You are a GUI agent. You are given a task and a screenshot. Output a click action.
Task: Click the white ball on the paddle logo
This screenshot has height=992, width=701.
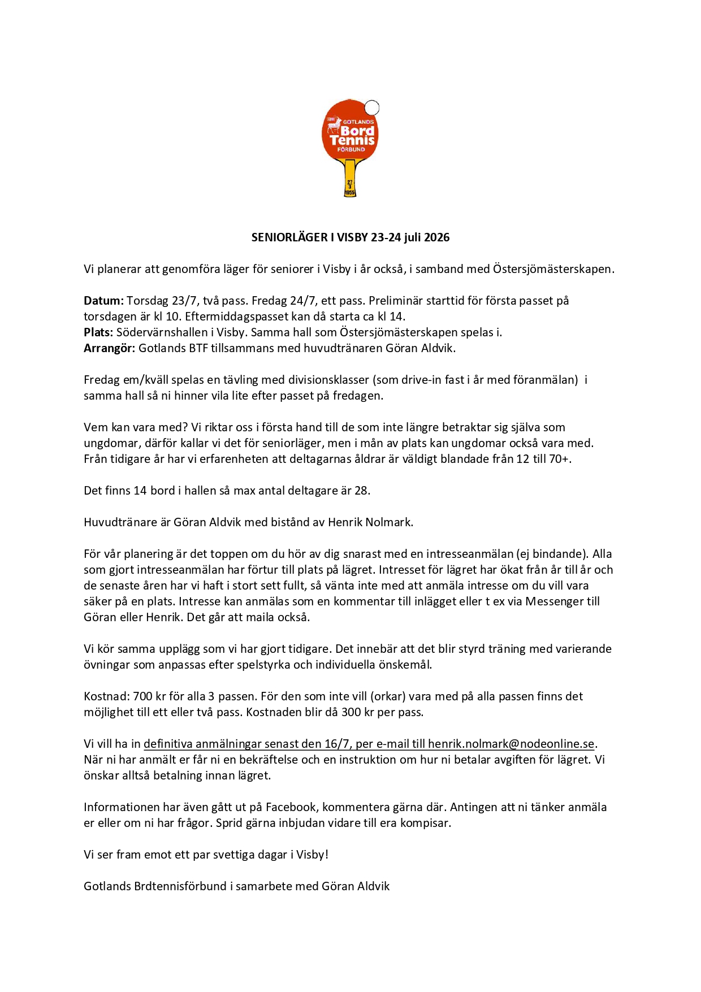(x=371, y=107)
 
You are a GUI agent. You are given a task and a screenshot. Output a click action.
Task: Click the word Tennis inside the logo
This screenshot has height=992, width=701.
(x=352, y=140)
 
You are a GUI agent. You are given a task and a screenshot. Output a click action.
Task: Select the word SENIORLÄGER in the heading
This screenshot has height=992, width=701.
(x=289, y=237)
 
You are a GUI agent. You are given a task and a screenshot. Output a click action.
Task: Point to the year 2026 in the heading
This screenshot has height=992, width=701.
(x=437, y=237)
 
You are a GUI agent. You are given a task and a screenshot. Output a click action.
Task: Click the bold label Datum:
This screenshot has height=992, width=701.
(x=103, y=301)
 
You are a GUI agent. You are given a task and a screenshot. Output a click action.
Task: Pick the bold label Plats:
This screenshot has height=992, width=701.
(x=98, y=332)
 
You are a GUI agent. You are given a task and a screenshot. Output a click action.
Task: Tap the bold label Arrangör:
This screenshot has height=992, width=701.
(x=109, y=348)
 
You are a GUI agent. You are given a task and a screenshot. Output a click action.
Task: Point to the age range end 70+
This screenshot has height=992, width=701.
(x=559, y=459)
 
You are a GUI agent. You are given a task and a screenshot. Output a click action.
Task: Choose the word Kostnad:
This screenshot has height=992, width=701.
(x=106, y=696)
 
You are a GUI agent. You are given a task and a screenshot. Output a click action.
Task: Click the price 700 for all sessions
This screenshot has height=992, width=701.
(x=143, y=696)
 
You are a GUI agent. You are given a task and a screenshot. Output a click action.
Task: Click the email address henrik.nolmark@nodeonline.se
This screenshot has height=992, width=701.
(x=511, y=744)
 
